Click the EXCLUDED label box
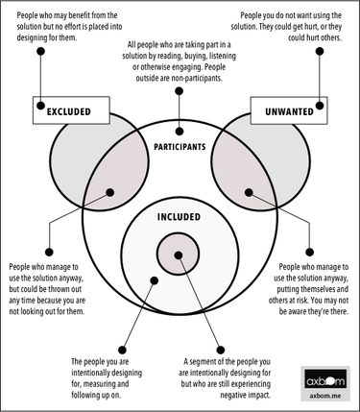(x=68, y=112)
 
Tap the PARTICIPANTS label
(x=180, y=147)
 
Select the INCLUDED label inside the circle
(x=179, y=216)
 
